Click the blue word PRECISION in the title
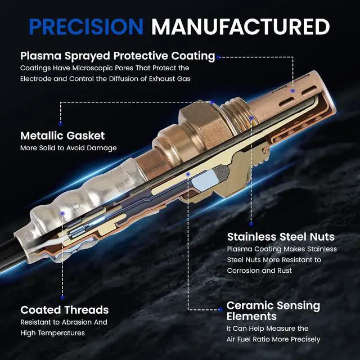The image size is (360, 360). pyautogui.click(x=86, y=26)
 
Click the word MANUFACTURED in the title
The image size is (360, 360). pyautogui.click(x=241, y=26)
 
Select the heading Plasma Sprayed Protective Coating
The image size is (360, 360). pyautogui.click(x=118, y=56)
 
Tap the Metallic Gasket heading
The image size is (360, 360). pyautogui.click(x=62, y=136)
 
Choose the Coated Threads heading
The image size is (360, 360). pyautogui.click(x=65, y=310)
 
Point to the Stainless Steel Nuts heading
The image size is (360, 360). pyautogui.click(x=281, y=237)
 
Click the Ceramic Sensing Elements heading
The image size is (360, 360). pyautogui.click(x=273, y=310)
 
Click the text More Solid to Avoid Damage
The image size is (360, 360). pyautogui.click(x=69, y=148)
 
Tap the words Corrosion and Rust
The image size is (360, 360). pyautogui.click(x=259, y=271)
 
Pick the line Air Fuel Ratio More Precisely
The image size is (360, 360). pyautogui.click(x=273, y=339)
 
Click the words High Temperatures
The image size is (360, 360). pyautogui.click(x=52, y=333)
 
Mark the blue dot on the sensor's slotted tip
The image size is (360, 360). pyautogui.click(x=292, y=91)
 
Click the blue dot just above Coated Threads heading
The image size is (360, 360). pyautogui.click(x=62, y=298)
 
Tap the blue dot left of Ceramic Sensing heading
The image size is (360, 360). pyautogui.click(x=220, y=309)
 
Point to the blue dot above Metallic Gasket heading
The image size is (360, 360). pyautogui.click(x=61, y=124)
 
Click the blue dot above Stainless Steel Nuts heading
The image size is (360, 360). pyautogui.click(x=251, y=224)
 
